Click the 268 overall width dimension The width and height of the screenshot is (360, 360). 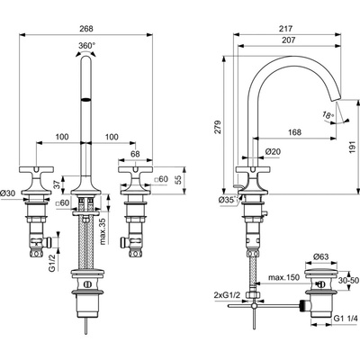point(86,29)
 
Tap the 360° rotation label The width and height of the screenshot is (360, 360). point(86,46)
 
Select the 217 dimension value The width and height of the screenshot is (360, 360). point(285,29)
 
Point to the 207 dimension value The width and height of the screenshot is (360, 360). point(289,40)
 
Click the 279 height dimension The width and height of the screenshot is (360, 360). point(218,127)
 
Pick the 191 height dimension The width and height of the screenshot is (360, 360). point(355,148)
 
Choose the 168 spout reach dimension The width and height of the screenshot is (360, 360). point(294,132)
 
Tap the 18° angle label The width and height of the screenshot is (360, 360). point(328,114)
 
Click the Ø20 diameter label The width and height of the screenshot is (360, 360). point(273,152)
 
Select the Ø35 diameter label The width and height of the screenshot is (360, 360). point(226,200)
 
